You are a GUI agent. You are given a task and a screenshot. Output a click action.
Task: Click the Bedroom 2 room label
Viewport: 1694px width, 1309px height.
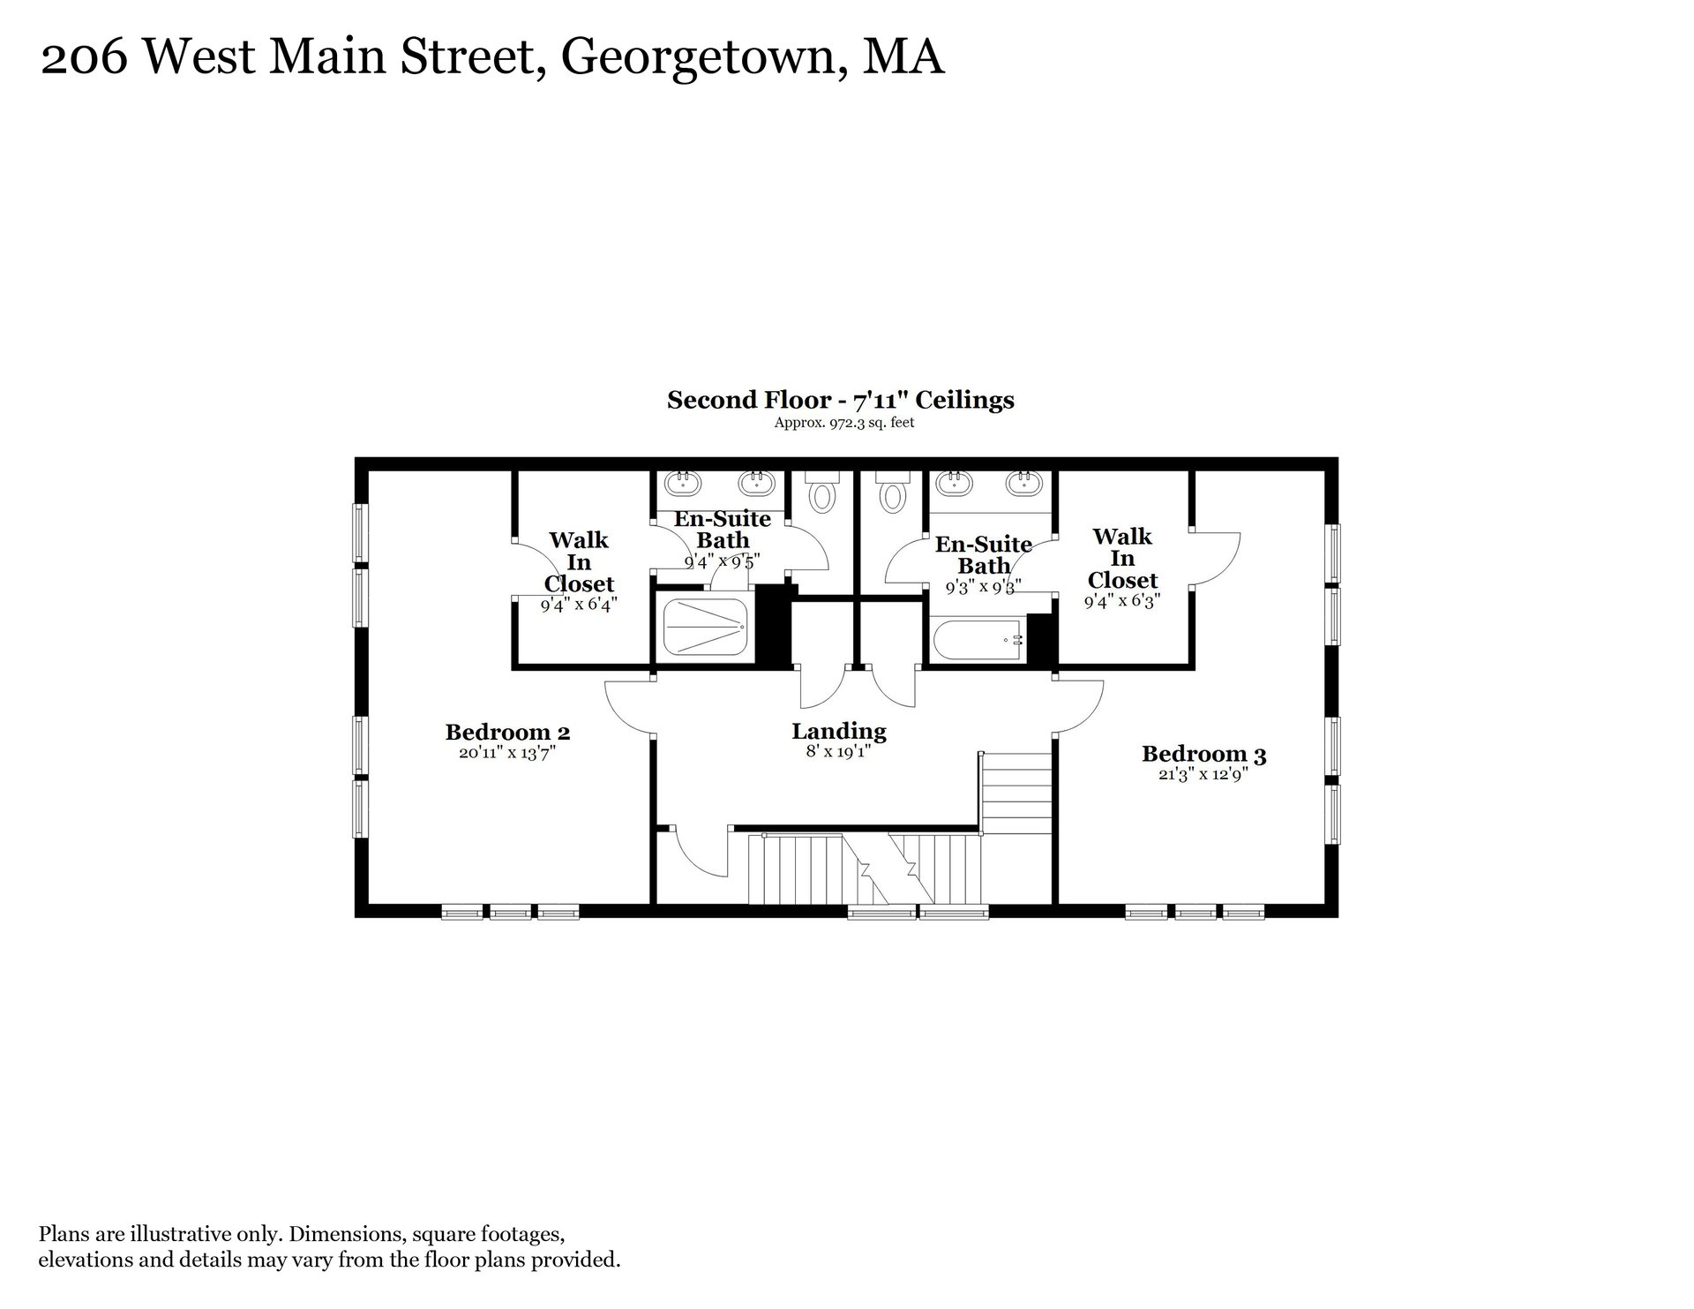(x=507, y=732)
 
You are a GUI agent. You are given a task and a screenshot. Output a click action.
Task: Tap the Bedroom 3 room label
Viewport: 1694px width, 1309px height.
(x=1203, y=754)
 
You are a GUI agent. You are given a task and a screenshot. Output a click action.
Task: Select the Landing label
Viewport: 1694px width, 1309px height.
(x=838, y=732)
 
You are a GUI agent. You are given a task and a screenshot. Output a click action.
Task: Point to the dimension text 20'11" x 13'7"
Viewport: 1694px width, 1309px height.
(x=507, y=753)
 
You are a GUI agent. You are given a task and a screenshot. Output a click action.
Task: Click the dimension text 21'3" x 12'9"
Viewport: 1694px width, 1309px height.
(x=1203, y=775)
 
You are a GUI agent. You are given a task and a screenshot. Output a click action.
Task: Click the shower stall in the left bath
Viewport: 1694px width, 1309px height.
(x=706, y=627)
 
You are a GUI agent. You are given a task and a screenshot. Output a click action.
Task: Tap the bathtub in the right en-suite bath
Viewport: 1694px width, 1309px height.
(x=978, y=639)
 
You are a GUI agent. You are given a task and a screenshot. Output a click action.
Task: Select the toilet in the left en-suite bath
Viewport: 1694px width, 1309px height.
(x=822, y=492)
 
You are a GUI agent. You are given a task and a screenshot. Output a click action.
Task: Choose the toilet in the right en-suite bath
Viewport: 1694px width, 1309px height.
(x=892, y=492)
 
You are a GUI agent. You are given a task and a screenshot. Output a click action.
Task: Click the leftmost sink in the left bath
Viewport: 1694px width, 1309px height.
(x=682, y=483)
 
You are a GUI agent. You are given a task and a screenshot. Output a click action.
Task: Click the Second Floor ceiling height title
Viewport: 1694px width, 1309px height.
(x=840, y=400)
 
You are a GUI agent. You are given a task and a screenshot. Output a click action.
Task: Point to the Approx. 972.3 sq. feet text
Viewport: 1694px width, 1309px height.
(x=843, y=423)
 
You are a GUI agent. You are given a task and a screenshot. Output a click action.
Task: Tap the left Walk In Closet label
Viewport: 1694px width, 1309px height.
(x=579, y=561)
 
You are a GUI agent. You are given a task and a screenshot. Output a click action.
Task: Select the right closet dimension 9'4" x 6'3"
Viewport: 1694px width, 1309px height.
(x=1122, y=601)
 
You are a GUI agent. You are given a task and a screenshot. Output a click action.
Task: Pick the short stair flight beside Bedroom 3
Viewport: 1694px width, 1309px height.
(x=1017, y=792)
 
